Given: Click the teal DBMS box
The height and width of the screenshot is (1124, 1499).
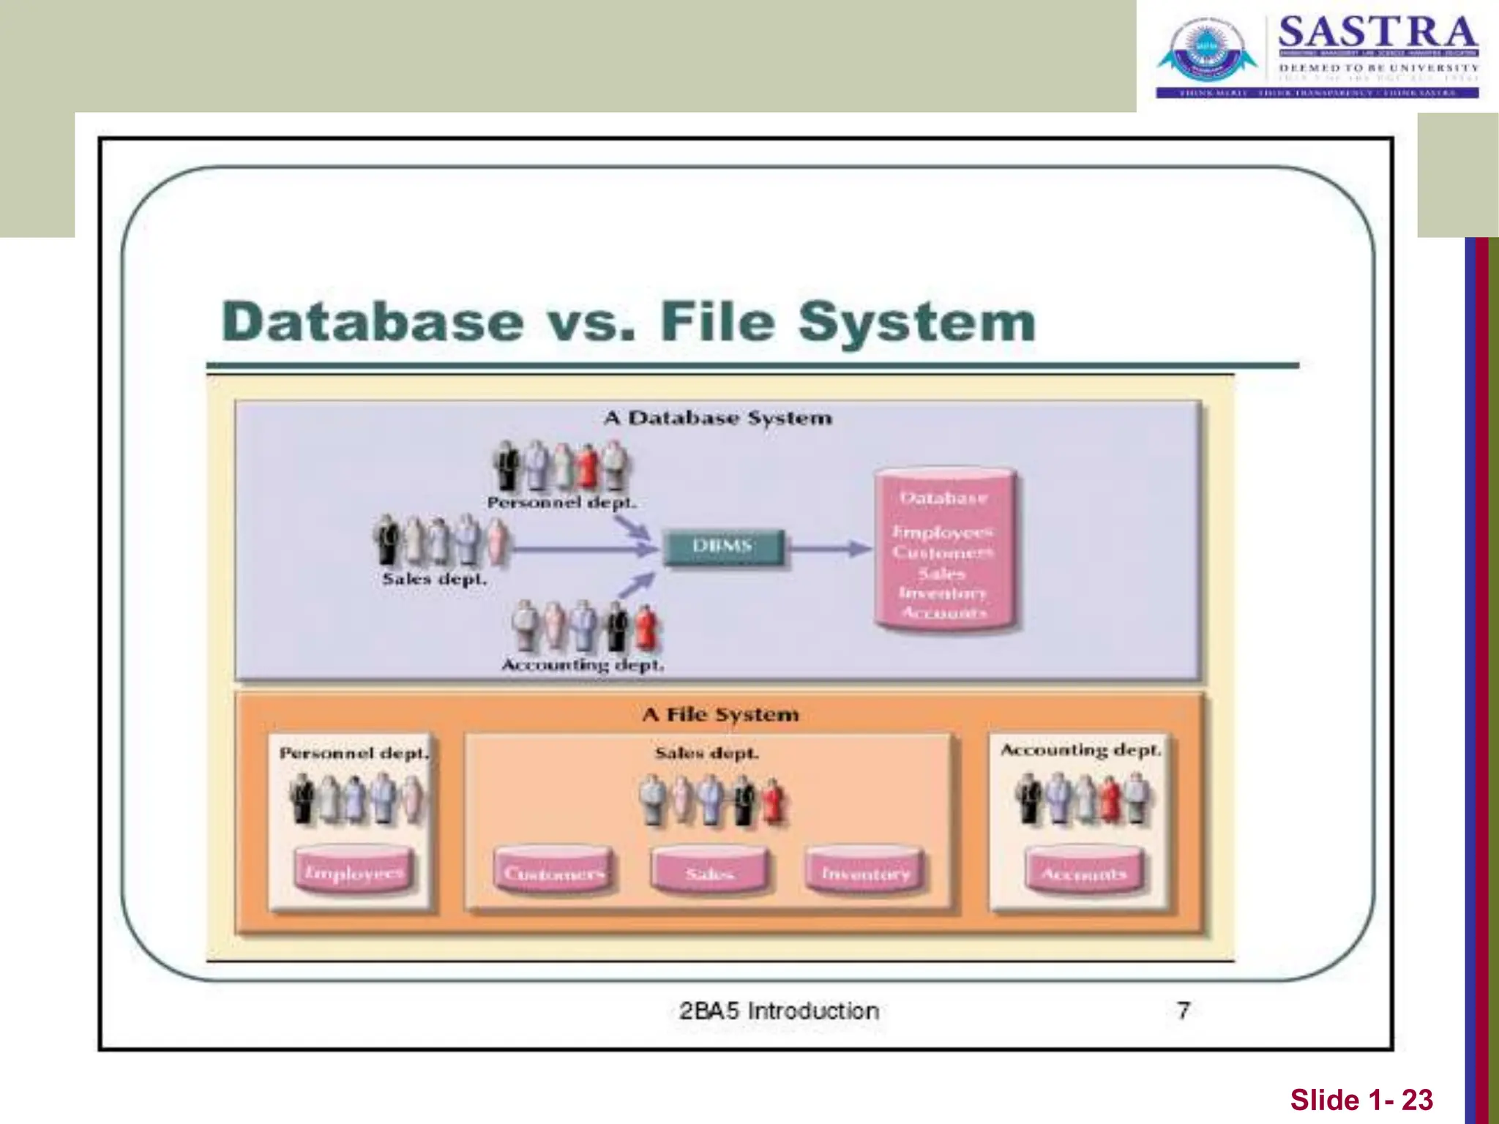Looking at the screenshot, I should [722, 547].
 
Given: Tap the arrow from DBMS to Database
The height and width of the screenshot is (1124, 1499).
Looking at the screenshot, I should [831, 547].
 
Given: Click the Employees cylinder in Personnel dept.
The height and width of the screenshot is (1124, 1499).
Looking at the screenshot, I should [354, 870].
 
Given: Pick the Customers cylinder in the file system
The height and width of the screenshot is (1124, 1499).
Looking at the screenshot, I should [553, 871].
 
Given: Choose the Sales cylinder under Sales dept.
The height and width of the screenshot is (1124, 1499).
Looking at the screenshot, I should [709, 871].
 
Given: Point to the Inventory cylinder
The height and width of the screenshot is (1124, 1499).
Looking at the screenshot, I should [865, 871].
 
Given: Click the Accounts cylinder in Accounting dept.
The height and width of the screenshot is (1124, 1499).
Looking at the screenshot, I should [1083, 871].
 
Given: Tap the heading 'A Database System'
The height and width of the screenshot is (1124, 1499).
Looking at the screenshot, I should [718, 418].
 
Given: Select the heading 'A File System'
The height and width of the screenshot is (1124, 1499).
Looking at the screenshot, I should [720, 714].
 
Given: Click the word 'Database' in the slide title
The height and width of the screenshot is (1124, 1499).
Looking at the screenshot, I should [373, 322].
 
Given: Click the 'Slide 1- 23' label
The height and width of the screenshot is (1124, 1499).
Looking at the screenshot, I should [1361, 1100].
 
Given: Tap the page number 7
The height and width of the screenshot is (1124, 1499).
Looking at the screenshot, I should [1183, 1011].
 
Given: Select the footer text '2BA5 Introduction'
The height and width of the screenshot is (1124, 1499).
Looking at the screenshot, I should [779, 1011].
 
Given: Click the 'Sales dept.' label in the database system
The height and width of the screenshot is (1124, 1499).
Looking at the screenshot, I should [434, 579].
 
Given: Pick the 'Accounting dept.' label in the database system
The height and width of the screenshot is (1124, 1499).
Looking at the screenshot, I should [583, 665].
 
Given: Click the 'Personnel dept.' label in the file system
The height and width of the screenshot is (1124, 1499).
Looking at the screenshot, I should [354, 753].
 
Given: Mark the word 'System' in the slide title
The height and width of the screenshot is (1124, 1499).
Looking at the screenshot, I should [916, 322].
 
